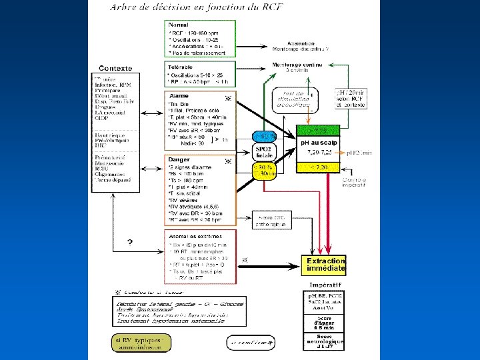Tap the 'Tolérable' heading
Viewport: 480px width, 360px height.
click(x=181, y=67)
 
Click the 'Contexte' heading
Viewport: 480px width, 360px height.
click(x=115, y=68)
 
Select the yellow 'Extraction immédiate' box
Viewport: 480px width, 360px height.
click(x=325, y=264)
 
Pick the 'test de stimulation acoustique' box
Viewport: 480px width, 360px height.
click(x=295, y=99)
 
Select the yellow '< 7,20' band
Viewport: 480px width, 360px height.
click(x=321, y=167)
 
